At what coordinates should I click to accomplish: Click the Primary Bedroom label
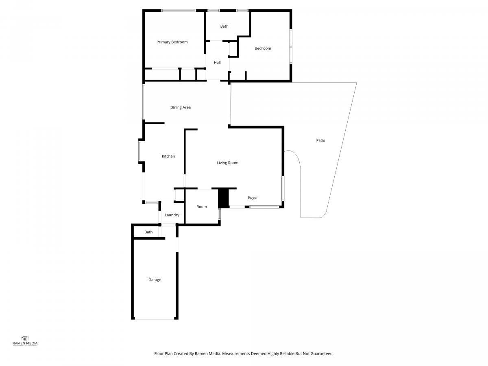tap(172, 42)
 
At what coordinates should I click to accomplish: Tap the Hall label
tap(217, 63)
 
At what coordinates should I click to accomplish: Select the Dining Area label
tap(180, 107)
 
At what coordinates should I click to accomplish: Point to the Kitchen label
tap(168, 156)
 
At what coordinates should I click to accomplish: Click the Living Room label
tap(227, 163)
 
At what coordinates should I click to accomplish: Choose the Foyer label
tap(253, 198)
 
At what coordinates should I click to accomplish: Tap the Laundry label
tap(172, 215)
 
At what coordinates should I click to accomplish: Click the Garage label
tap(155, 280)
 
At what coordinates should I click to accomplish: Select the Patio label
tap(320, 140)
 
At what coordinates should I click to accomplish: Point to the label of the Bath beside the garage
tap(148, 232)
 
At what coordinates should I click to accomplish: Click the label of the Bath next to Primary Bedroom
tap(224, 26)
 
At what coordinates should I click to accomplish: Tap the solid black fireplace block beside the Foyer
tap(224, 198)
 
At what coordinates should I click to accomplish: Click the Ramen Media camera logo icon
tap(25, 338)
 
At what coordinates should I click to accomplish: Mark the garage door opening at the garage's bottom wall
tap(155, 318)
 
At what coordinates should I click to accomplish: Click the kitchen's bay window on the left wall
tap(139, 151)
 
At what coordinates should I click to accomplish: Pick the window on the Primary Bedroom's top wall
tap(179, 11)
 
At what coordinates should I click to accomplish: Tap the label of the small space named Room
tap(202, 207)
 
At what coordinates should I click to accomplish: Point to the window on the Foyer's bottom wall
tap(264, 207)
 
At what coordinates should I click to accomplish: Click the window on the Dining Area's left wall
tap(144, 102)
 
